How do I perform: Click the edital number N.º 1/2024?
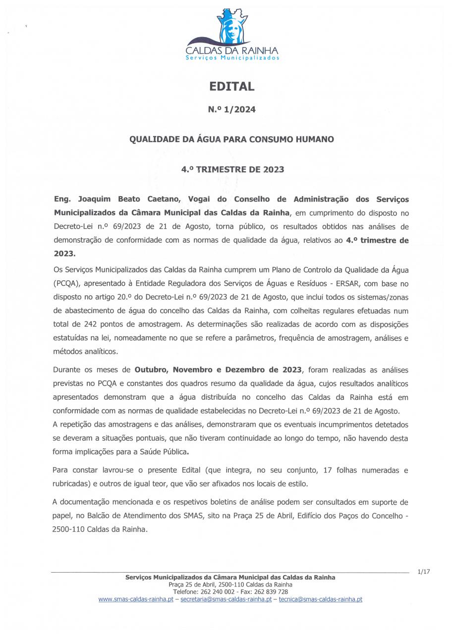click(232, 110)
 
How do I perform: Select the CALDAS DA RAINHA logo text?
click(231, 51)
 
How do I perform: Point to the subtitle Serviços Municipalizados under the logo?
click(232, 58)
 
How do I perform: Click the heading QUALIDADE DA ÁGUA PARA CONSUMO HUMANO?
click(231, 139)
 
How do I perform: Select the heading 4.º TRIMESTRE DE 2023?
click(232, 169)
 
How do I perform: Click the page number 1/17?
click(423, 572)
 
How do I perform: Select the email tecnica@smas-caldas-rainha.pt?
click(320, 599)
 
